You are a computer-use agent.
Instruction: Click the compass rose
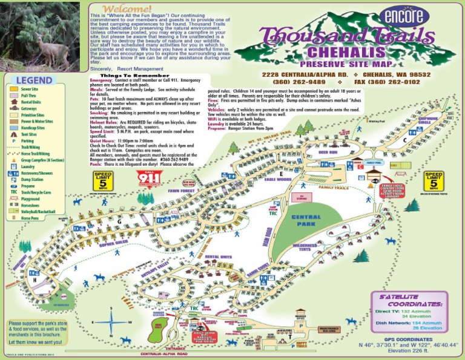point(111,323)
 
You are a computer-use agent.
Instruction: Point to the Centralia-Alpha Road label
point(163,354)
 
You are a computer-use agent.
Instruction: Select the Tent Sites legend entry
point(23,134)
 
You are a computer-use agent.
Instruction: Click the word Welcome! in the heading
point(127,9)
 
